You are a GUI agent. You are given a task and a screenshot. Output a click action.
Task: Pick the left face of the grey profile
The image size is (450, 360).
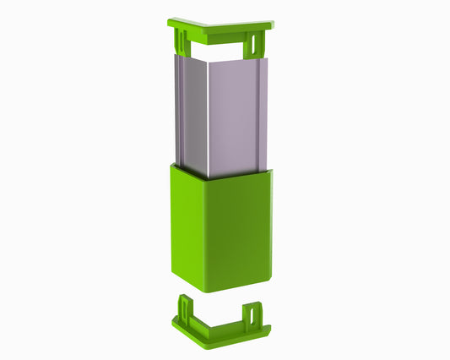point(191,114)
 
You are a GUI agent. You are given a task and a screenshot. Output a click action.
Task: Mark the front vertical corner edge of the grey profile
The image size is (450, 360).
point(209,118)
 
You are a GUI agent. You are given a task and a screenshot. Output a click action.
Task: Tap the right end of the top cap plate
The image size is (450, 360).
point(272,25)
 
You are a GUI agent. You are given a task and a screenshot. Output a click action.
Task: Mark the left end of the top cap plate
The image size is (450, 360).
point(171,21)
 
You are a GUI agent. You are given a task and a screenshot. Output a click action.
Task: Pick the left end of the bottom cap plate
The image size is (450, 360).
point(174,320)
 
